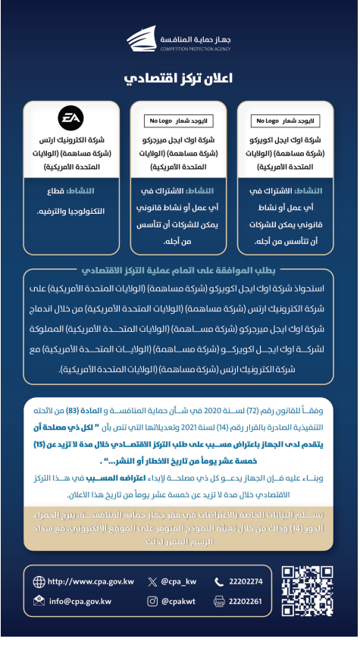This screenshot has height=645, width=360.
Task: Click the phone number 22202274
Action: (x=249, y=582)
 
